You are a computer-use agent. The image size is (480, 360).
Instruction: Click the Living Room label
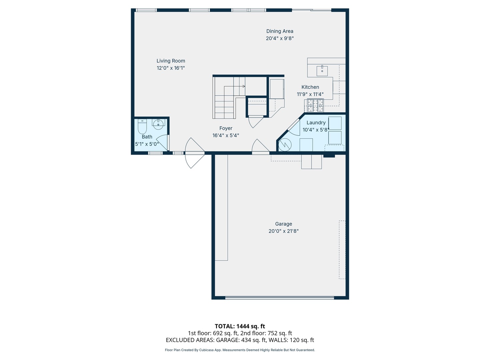(171, 61)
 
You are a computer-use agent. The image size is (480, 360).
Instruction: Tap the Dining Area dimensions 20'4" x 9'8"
(280, 38)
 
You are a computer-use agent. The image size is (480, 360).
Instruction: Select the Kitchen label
(310, 87)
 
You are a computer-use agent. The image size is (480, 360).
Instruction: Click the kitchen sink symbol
(322, 71)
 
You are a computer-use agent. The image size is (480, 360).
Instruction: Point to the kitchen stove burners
(315, 106)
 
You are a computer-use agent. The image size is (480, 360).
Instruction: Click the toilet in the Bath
(142, 126)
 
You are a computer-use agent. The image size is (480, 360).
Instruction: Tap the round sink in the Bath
(158, 124)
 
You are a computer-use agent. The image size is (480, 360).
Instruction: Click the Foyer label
(226, 128)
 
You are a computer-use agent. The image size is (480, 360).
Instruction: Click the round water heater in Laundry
(285, 145)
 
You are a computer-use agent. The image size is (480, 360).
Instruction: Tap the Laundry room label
(316, 123)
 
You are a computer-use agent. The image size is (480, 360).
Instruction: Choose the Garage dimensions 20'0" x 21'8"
(283, 231)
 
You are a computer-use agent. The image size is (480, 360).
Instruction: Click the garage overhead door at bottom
(279, 298)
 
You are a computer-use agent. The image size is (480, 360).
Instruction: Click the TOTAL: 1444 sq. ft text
(240, 326)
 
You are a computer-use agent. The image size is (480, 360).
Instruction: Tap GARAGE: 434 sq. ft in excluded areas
(241, 340)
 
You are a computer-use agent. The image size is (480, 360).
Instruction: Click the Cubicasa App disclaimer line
(240, 350)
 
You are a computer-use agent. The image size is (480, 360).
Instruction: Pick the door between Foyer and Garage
(260, 147)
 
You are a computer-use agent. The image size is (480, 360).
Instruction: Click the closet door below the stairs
(256, 121)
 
